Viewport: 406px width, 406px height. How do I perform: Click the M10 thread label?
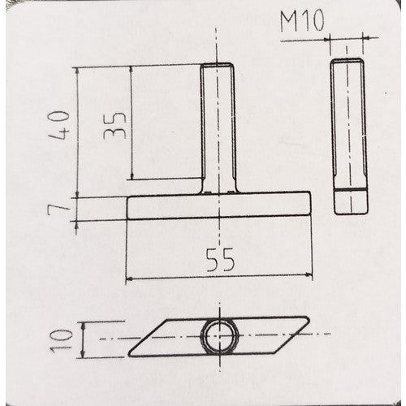pyautogui.click(x=302, y=21)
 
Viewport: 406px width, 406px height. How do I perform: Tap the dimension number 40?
pyautogui.click(x=58, y=125)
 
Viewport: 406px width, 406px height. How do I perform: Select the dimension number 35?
pyautogui.click(x=114, y=125)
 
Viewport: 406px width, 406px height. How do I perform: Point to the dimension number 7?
pyautogui.click(x=58, y=209)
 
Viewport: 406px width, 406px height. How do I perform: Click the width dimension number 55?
pyautogui.click(x=220, y=260)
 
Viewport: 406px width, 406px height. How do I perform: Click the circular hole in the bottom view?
pyautogui.click(x=219, y=335)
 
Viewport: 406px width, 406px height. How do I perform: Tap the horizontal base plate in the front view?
pyautogui.click(x=218, y=205)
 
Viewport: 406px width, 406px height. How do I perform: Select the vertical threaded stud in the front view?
pyautogui.click(x=218, y=128)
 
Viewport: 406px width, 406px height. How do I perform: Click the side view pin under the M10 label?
pyautogui.click(x=349, y=136)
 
